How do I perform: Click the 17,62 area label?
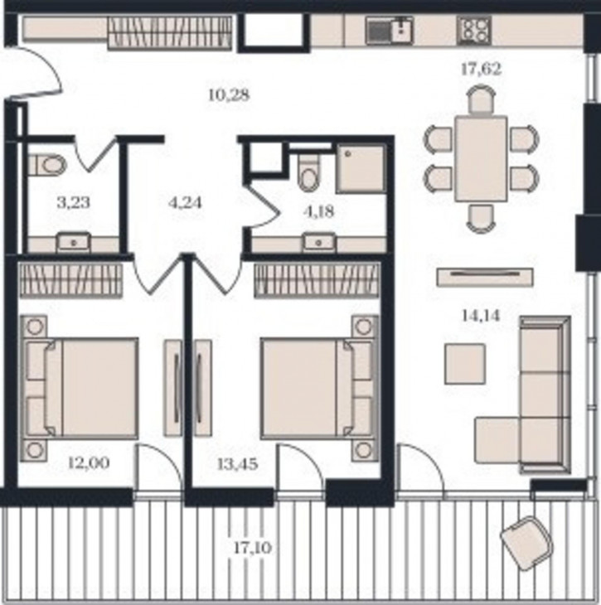tap(481, 70)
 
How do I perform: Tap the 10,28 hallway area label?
tap(229, 95)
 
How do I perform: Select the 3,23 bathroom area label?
tap(73, 202)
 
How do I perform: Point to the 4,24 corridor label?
tap(186, 202)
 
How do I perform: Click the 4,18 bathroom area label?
tap(319, 212)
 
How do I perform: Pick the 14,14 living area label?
tap(481, 316)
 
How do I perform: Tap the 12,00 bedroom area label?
tap(89, 462)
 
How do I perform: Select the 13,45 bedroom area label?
tap(237, 464)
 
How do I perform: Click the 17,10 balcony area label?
tap(253, 547)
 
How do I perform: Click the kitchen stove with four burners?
tap(474, 31)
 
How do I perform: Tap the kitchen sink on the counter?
tap(390, 31)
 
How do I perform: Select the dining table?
tap(481, 158)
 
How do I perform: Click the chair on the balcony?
tap(526, 544)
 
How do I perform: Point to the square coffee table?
tap(465, 364)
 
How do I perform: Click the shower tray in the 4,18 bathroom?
tap(361, 168)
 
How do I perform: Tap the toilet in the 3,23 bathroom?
tap(47, 165)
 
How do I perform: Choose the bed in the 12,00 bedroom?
tap(80, 389)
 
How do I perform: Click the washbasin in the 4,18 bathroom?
tap(318, 243)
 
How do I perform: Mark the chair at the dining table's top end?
tap(481, 99)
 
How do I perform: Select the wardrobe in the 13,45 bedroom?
tap(317, 280)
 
